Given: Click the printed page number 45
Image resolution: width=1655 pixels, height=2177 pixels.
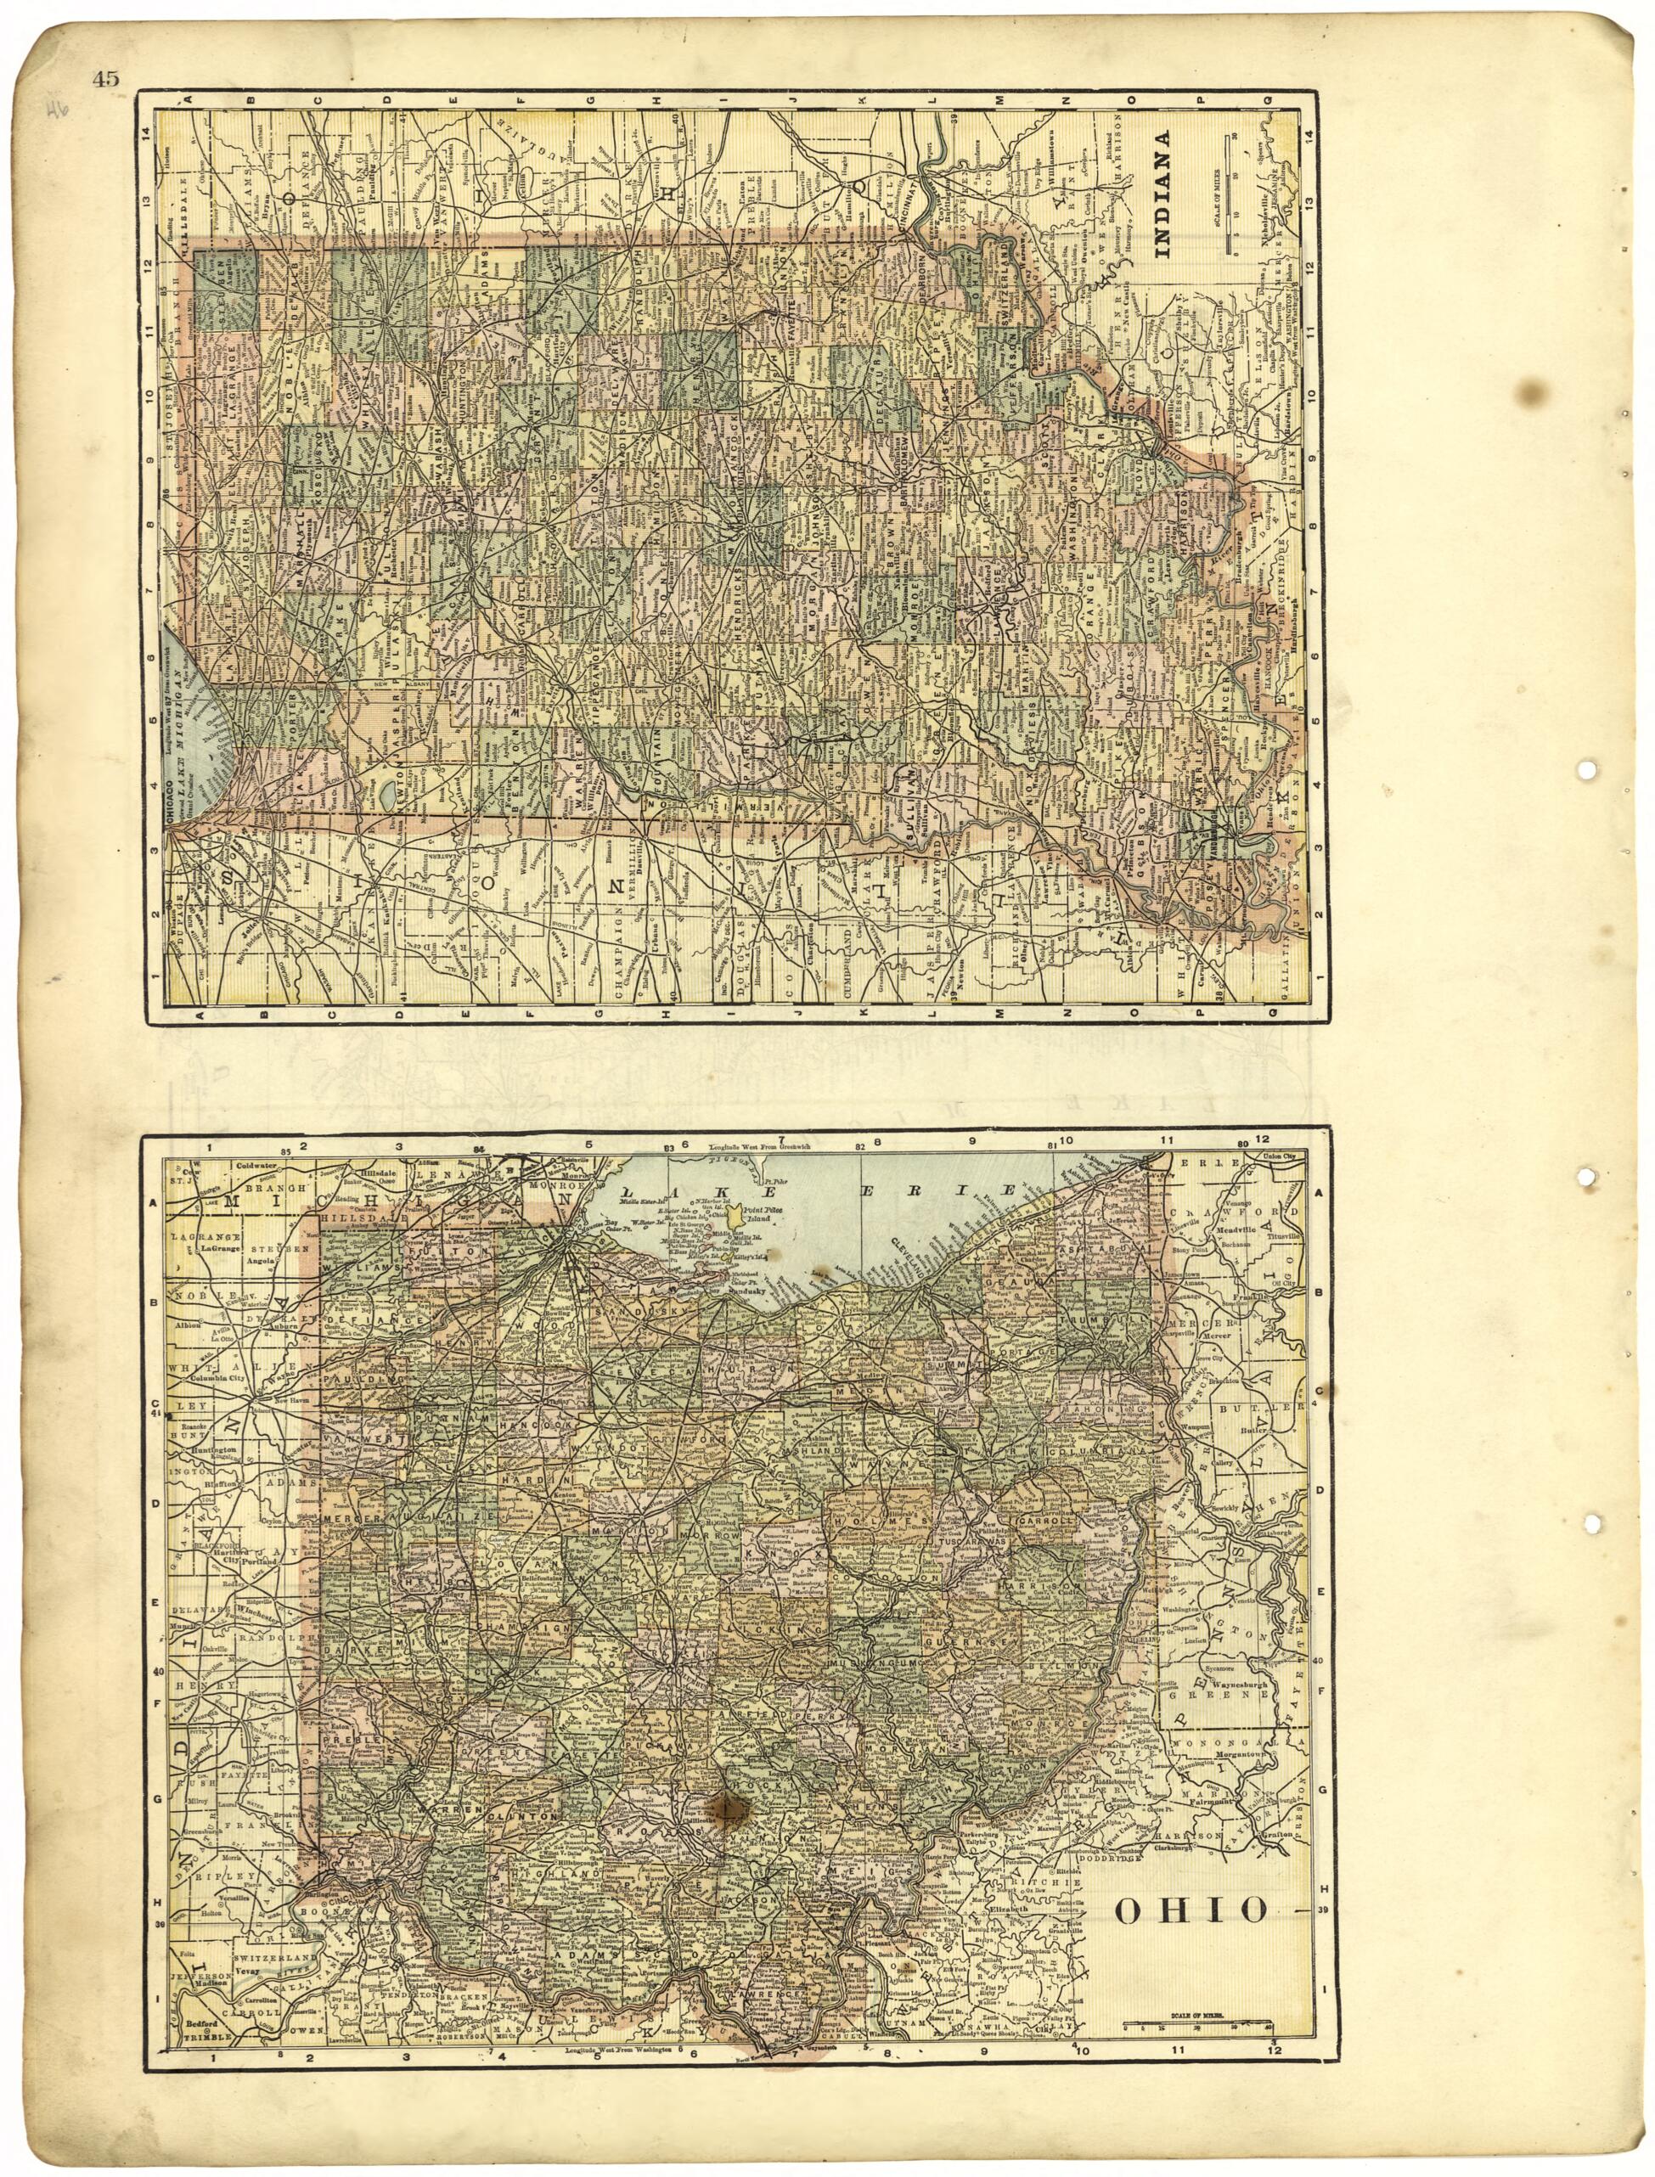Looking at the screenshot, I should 105,80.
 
